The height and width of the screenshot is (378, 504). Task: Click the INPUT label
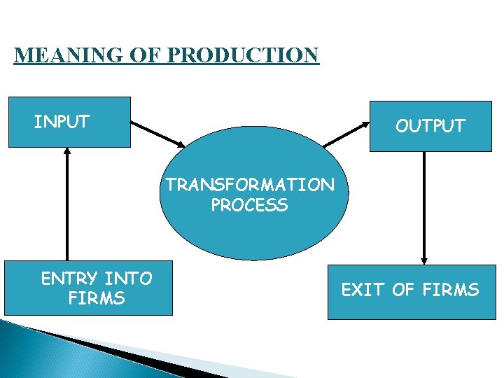click(62, 122)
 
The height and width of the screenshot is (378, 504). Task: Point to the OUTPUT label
click(430, 126)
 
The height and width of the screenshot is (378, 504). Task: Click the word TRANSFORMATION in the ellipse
click(250, 185)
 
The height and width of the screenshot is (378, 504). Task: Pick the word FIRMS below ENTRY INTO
click(97, 299)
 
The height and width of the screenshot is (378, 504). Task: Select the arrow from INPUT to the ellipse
click(158, 134)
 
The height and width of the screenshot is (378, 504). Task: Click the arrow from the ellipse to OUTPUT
click(346, 134)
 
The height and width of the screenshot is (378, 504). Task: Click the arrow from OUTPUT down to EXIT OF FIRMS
click(424, 206)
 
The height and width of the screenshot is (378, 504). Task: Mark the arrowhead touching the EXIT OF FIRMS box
click(424, 260)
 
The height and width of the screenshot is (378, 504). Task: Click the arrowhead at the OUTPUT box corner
click(365, 125)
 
